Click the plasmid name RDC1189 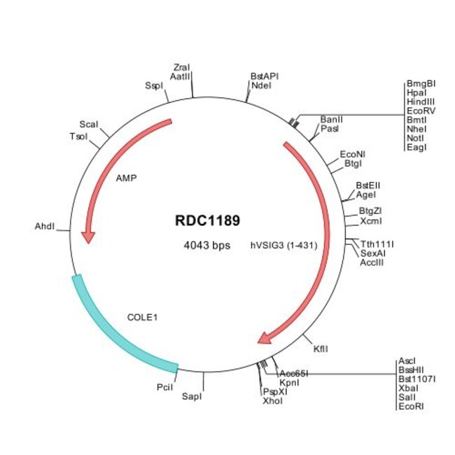(207, 220)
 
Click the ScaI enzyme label (88, 124)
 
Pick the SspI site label (153, 85)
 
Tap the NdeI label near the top (260, 85)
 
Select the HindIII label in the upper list (421, 101)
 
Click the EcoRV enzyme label (420, 110)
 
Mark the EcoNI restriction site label (353, 153)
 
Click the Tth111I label (377, 244)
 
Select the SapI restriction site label (191, 397)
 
